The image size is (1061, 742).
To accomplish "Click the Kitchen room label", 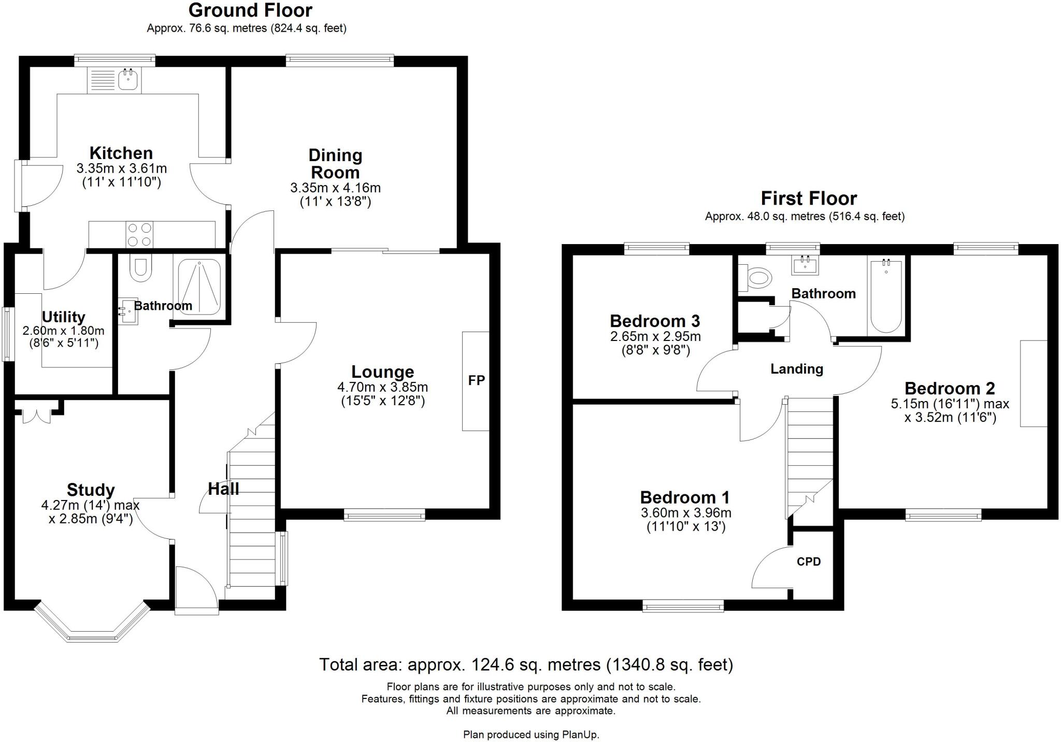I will [x=121, y=153].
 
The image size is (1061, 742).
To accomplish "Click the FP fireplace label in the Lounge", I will [x=476, y=380].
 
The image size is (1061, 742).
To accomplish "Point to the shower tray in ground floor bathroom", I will [x=199, y=287].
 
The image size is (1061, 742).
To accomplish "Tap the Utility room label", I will [x=63, y=317].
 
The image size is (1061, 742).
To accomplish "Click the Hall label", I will [x=223, y=489].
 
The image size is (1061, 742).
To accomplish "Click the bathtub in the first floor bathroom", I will [x=886, y=296].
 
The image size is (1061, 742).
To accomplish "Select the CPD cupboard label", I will [x=809, y=562].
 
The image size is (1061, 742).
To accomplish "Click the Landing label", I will [x=796, y=369].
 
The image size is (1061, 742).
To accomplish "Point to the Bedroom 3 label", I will [x=655, y=321].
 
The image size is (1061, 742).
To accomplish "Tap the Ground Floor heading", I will [x=250, y=10].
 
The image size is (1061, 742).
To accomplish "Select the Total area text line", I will [x=526, y=665].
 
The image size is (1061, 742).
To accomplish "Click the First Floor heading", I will [x=808, y=198].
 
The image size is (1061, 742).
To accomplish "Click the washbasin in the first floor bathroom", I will [x=805, y=265].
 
